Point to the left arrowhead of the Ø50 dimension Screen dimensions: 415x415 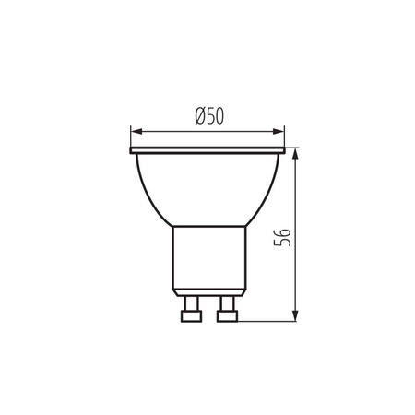tap(136, 129)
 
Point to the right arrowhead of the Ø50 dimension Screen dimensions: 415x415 tap(280, 129)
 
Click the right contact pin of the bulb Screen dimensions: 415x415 tap(224, 304)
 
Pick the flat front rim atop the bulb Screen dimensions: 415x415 tap(208, 149)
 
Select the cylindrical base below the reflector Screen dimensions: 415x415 tap(208, 258)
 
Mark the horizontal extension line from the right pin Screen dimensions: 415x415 tap(267, 321)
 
